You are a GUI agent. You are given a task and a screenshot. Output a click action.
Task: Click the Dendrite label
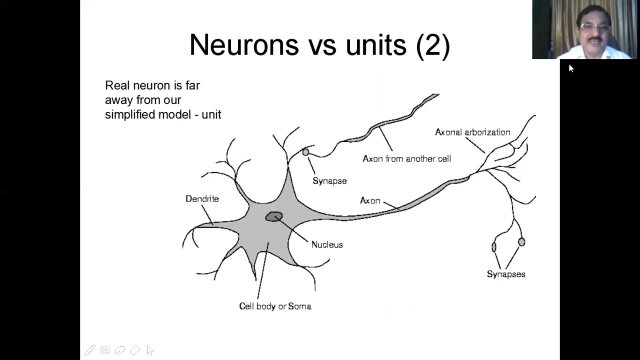(202, 199)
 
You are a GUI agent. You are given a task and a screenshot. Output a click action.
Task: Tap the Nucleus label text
(327, 244)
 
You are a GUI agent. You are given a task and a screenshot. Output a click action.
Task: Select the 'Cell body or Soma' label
(275, 306)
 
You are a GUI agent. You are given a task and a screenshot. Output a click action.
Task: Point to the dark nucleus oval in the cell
(274, 216)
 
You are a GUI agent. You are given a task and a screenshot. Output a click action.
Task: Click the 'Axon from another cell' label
(406, 159)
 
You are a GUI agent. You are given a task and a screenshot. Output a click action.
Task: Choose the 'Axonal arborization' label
(472, 132)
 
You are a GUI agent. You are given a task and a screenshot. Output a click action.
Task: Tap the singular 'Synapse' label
(329, 181)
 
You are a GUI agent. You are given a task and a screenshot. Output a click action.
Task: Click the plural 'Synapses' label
(506, 274)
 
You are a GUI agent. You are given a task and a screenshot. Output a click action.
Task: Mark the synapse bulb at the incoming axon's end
(305, 152)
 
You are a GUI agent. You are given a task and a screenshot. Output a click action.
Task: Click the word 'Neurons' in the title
(244, 45)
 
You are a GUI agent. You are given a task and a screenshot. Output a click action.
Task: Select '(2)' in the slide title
(433, 46)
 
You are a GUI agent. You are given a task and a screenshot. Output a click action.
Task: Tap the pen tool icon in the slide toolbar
(89, 350)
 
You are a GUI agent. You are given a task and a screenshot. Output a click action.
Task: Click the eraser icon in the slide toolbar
(134, 350)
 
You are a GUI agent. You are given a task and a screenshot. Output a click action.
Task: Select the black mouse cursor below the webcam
(571, 68)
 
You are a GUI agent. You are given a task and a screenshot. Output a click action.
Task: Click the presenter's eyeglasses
(594, 27)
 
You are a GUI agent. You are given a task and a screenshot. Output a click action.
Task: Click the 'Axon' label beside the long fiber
(370, 201)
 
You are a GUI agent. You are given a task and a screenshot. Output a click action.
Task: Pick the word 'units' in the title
(376, 45)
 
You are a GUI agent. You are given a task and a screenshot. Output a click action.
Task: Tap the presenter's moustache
(595, 38)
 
